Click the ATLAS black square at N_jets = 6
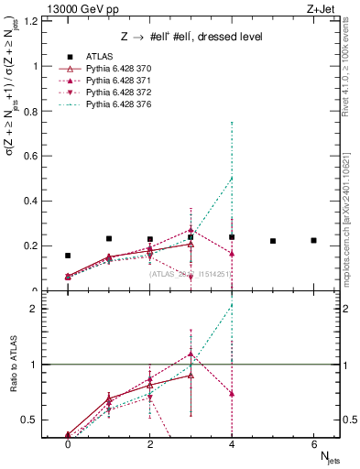[x=313, y=240]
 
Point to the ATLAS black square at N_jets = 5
[x=273, y=241]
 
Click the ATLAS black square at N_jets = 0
[x=68, y=256]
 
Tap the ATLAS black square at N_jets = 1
[x=109, y=238]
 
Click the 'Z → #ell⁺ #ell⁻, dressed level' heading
[x=191, y=38]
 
